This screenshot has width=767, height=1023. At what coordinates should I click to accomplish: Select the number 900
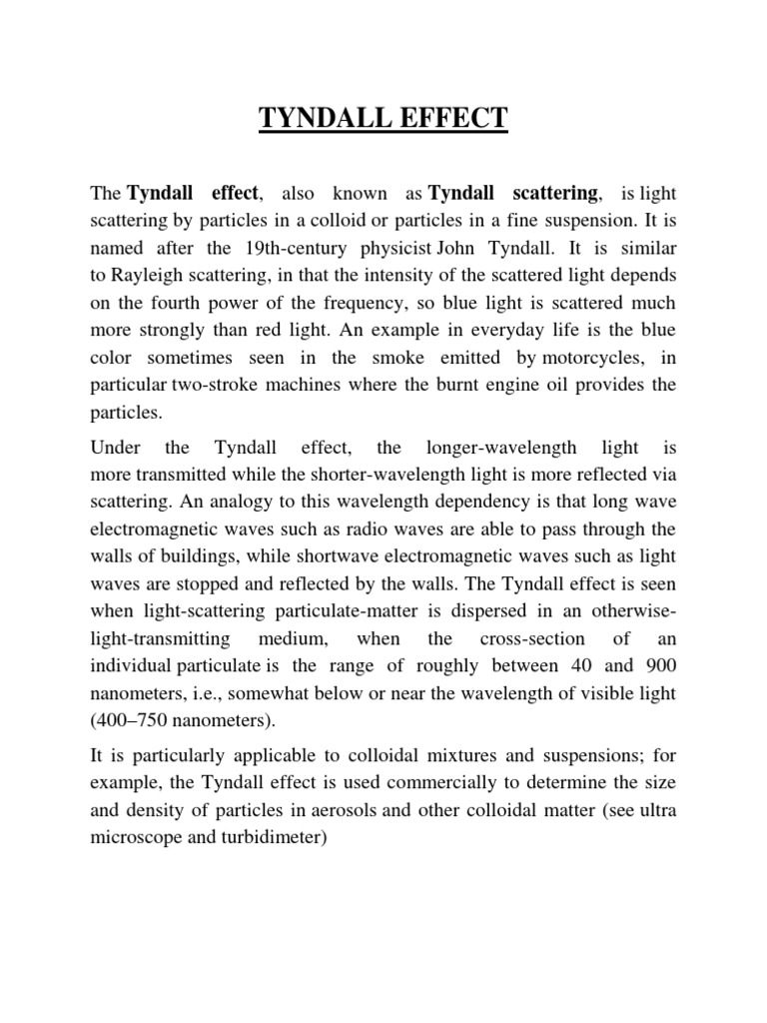(658, 665)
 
